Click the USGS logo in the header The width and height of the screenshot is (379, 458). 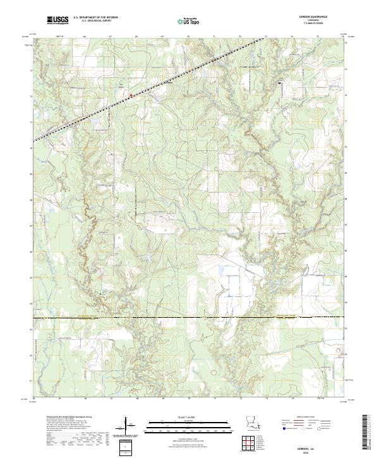coord(59,21)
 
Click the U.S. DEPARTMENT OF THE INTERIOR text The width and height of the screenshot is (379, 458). coord(96,18)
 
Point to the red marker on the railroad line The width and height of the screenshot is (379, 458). coord(131,95)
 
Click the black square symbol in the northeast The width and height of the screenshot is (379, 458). coord(280,81)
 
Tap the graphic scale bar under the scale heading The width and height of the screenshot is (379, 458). coord(189,423)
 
